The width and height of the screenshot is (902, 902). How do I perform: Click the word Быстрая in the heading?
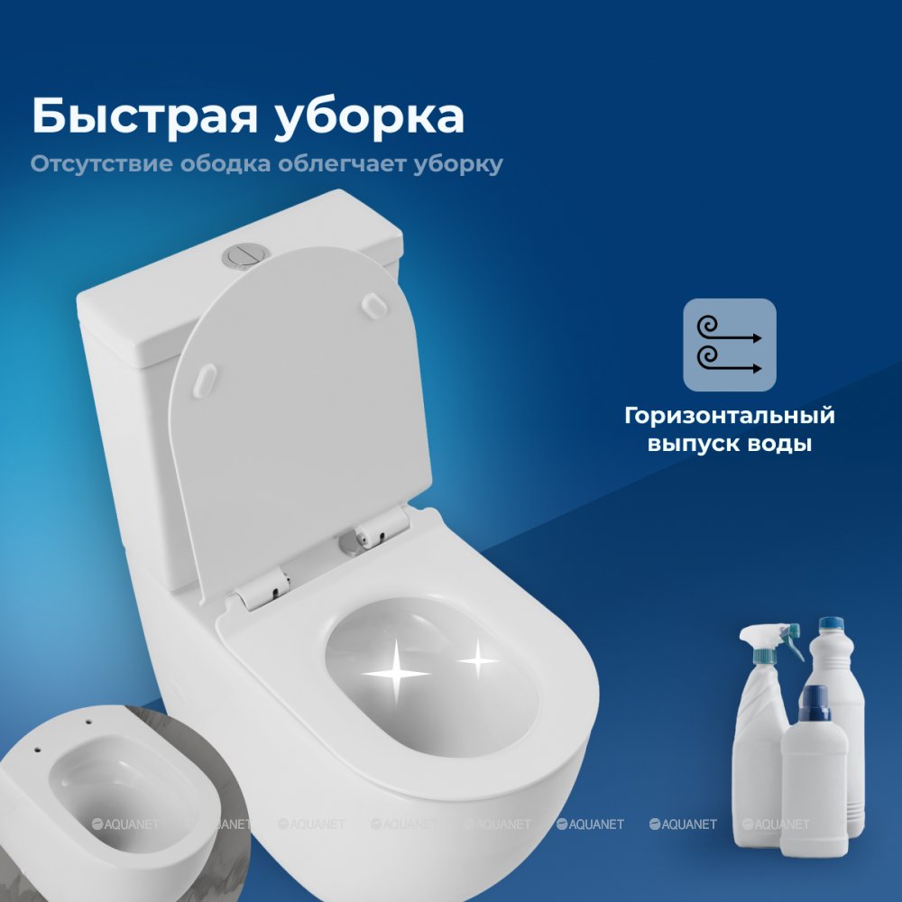144,116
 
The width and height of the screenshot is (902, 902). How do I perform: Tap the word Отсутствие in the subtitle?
101,163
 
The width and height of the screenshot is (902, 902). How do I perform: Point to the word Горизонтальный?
730,416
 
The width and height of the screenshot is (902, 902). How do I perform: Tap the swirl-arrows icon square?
730,345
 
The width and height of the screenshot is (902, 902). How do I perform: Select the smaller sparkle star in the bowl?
478,660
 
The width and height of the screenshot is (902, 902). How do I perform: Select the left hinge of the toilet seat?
262,588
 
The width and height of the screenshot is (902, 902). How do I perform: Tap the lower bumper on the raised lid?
206,381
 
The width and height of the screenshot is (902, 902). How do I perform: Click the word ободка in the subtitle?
225,163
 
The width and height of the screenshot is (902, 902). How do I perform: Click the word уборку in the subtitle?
458,164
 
